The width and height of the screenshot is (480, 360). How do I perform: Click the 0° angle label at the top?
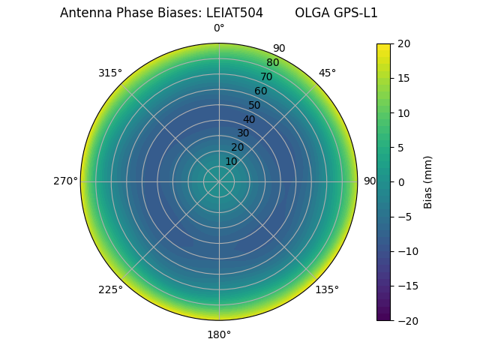(219, 28)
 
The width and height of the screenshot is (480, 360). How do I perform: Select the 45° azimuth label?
(327, 73)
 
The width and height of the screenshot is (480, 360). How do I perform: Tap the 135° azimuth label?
(327, 289)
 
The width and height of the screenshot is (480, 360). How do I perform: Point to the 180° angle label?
(219, 334)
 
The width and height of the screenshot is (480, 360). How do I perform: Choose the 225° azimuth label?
(110, 289)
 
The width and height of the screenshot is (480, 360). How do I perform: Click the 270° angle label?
(65, 181)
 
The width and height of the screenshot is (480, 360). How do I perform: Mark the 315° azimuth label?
(110, 73)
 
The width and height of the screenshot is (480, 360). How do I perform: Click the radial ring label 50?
(255, 105)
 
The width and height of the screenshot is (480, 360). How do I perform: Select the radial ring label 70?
(266, 76)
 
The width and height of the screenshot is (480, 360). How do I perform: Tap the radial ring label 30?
(243, 133)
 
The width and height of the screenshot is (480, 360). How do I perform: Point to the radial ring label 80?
(272, 63)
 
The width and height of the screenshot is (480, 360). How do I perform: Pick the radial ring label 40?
(249, 119)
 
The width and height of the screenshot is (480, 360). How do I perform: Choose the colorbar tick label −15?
(406, 286)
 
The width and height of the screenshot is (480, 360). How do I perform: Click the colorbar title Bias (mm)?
(428, 181)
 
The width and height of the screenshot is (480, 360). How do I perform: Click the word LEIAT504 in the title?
(232, 13)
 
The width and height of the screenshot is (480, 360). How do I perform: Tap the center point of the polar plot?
(219, 181)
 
